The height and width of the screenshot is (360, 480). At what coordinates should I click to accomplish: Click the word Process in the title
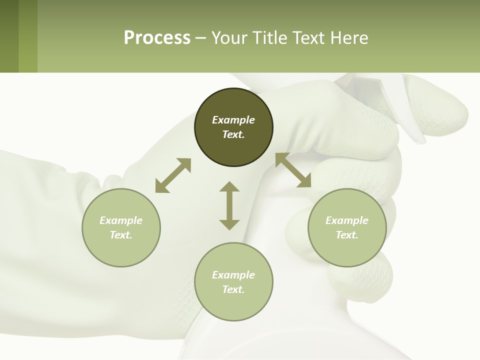coord(157,38)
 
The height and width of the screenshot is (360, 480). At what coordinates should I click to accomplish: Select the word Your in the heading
coord(230,38)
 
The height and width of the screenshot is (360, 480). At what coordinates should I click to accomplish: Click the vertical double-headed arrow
coord(229,205)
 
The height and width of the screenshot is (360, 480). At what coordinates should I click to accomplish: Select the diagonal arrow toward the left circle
coord(173,175)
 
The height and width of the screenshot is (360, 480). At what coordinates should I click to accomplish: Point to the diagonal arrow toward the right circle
coord(293,170)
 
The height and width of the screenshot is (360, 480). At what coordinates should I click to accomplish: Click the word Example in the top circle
coord(233,120)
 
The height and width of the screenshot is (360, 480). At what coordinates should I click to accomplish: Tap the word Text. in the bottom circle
coord(233,289)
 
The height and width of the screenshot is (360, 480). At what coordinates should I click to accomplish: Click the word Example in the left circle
coord(121,220)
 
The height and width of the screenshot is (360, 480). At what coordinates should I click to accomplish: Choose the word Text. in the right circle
coord(347,235)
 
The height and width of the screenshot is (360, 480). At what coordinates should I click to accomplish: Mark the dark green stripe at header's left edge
coord(9,36)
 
